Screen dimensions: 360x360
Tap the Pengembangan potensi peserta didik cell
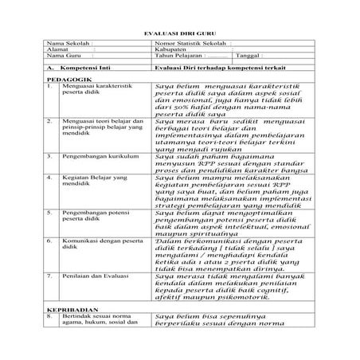96,217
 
